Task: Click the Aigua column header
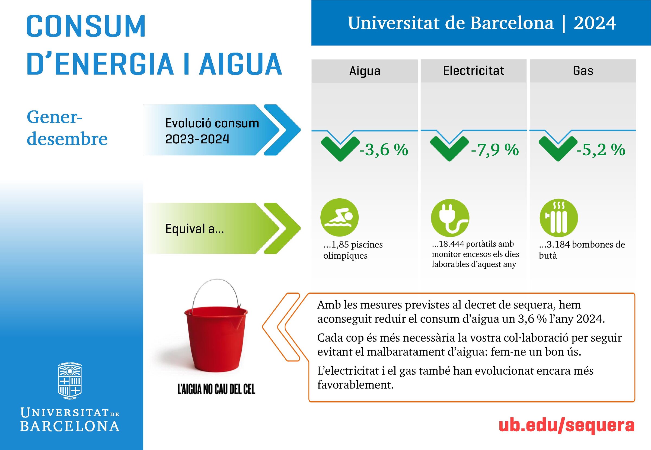click(x=365, y=71)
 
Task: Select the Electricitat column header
click(x=474, y=70)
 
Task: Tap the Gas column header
click(x=583, y=70)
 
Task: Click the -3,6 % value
click(x=384, y=150)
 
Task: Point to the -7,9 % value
click(x=495, y=150)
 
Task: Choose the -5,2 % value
click(x=601, y=150)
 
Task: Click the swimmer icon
click(x=340, y=217)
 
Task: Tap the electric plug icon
click(x=450, y=218)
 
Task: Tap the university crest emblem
click(x=70, y=381)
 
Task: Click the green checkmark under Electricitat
click(x=449, y=148)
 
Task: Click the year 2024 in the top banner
click(x=595, y=23)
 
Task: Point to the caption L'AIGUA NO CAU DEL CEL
click(x=216, y=389)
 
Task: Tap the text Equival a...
click(x=195, y=229)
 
